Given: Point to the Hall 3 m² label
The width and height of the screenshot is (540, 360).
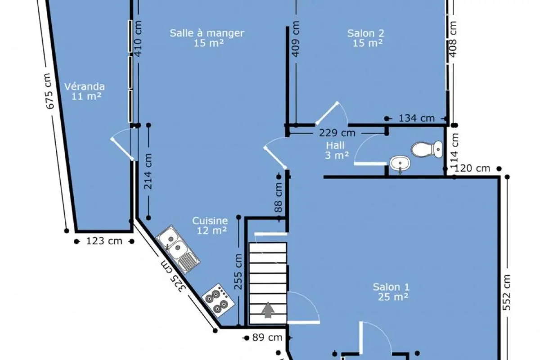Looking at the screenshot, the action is [336, 150].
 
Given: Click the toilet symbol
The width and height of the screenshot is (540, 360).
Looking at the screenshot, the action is [427, 149].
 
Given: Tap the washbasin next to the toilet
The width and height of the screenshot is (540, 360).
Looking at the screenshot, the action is [400, 164].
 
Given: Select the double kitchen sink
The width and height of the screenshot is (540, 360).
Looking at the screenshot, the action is [178, 249].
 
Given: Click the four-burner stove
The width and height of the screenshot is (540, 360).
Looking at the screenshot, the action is [218, 301].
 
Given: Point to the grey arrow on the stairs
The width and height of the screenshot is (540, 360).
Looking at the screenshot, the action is [268, 310].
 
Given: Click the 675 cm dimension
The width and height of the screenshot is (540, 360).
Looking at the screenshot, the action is [49, 91].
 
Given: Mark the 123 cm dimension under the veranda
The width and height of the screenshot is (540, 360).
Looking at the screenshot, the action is [104, 241].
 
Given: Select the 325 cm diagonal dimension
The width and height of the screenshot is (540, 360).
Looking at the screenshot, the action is [174, 277].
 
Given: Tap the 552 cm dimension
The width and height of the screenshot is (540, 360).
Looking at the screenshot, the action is [507, 292].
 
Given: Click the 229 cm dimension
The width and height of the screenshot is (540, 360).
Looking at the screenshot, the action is [337, 133].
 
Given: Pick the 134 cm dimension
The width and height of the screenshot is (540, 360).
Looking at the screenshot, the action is [417, 118].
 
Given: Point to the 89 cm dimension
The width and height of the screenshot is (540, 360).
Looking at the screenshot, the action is [267, 337].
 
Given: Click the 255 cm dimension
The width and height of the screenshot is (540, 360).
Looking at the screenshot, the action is [238, 271].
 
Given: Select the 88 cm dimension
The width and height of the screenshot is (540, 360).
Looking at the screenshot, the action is [279, 197].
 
